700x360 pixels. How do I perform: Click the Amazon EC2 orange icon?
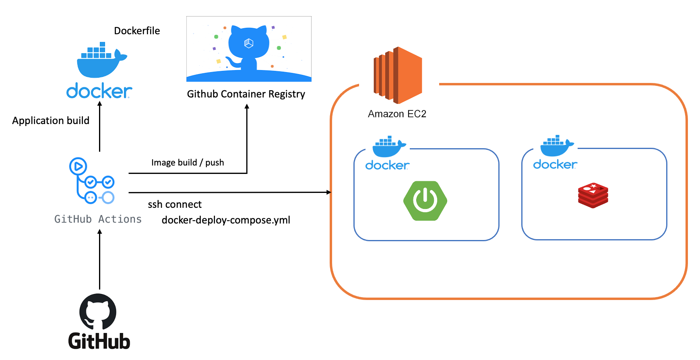[x=398, y=75]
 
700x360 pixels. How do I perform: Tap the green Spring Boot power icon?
[x=425, y=201]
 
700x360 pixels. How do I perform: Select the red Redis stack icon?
[x=593, y=195]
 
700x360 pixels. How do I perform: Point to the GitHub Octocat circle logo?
[x=98, y=312]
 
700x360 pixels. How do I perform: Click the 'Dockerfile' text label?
[x=137, y=31]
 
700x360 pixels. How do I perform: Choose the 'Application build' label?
[x=51, y=120]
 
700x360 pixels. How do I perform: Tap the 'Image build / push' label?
[x=188, y=163]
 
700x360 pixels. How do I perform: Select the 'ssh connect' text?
[x=175, y=205]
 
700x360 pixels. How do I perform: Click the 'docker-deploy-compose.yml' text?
[x=226, y=220]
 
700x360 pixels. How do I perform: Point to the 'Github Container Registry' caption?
[x=246, y=94]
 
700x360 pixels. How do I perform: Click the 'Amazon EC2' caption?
[x=397, y=114]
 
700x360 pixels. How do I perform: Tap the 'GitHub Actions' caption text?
[x=98, y=219]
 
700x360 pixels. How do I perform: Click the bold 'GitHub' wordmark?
[x=99, y=341]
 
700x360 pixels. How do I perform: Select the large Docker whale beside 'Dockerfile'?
[x=101, y=60]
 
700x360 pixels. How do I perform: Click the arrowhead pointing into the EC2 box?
[x=328, y=192]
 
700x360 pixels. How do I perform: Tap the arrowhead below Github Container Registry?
[x=247, y=107]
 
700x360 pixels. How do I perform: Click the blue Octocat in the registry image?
[x=249, y=46]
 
